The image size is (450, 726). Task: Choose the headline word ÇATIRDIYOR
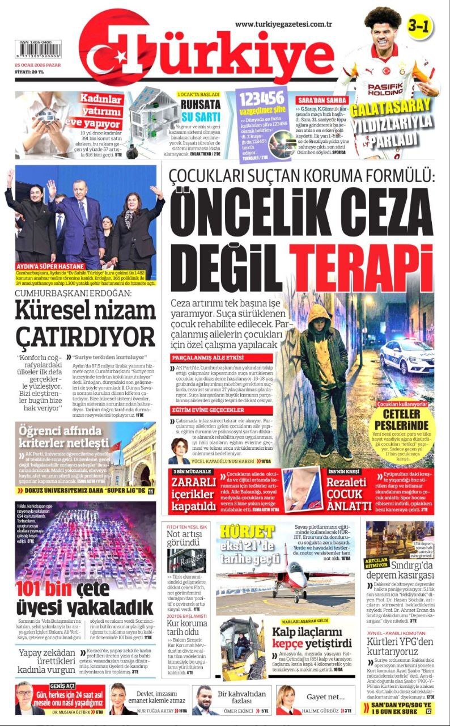pyautogui.click(x=85, y=336)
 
